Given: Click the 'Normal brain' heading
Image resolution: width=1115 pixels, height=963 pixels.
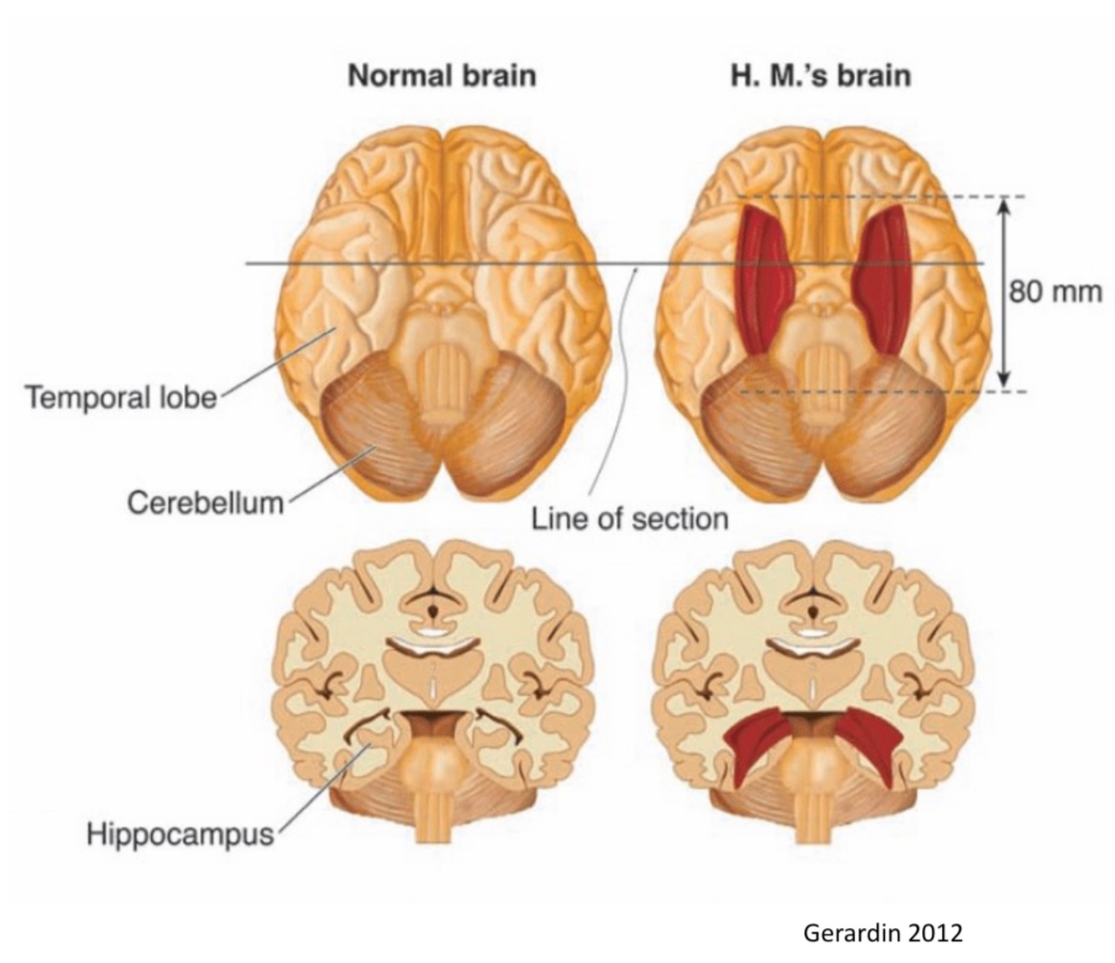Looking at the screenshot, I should click(x=441, y=76).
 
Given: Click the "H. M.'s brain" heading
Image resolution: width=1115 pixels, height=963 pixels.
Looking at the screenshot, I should click(x=820, y=76).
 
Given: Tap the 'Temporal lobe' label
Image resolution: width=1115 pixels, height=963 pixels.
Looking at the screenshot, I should click(x=120, y=397).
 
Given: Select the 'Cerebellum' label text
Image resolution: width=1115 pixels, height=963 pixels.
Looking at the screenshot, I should click(x=205, y=503).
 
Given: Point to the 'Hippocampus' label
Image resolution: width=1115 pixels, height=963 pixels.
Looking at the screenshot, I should click(x=180, y=833).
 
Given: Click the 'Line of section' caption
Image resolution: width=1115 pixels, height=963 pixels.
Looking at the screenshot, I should click(x=629, y=519).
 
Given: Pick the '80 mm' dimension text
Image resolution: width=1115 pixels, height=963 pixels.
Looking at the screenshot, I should click(x=1055, y=292).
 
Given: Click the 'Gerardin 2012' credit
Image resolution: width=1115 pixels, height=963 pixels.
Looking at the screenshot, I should click(x=883, y=932).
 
